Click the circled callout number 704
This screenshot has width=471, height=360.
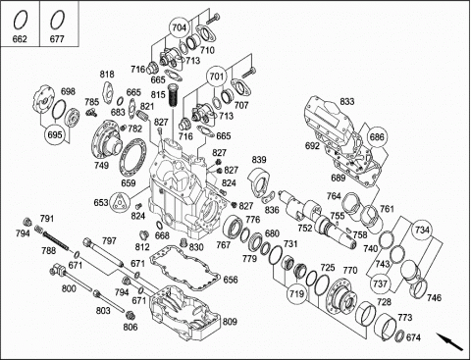(179, 27)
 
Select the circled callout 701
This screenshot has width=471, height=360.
(216, 77)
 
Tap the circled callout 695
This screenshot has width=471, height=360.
(55, 134)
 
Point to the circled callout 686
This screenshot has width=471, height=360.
(377, 136)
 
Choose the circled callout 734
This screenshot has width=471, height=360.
(422, 230)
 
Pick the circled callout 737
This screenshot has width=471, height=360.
(380, 283)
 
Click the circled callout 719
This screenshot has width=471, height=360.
(297, 293)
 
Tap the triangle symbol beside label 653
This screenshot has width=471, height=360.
(119, 202)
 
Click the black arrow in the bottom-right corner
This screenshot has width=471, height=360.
(449, 341)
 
